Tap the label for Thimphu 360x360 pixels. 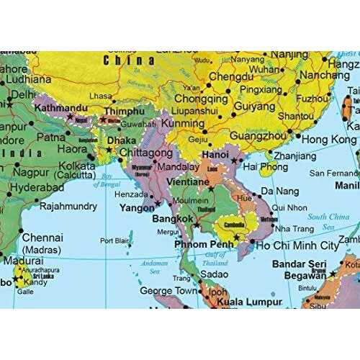(x=127, y=113)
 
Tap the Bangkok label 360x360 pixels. (x=176, y=217)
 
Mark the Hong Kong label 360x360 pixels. (x=329, y=139)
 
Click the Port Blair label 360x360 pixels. (x=114, y=240)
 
